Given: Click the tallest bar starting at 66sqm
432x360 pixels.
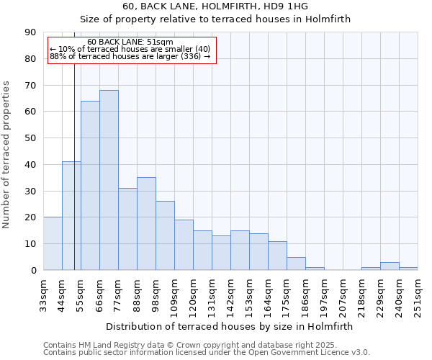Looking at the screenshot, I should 109,180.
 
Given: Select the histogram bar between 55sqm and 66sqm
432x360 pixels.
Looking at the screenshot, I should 90,186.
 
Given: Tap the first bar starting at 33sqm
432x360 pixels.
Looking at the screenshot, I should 53,243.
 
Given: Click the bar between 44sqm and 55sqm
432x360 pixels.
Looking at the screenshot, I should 71,216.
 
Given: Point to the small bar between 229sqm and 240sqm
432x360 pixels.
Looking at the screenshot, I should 390,266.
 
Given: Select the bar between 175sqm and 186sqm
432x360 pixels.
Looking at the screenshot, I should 296,264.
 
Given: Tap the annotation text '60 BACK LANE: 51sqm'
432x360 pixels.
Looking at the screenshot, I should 130,42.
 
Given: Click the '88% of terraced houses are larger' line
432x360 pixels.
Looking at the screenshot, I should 130,56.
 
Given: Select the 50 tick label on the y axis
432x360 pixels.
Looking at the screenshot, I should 30,138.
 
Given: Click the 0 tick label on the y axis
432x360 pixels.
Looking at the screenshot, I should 33,271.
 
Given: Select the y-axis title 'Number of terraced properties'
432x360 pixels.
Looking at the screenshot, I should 7,155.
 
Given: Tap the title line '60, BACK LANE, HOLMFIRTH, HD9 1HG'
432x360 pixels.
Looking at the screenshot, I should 215,6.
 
